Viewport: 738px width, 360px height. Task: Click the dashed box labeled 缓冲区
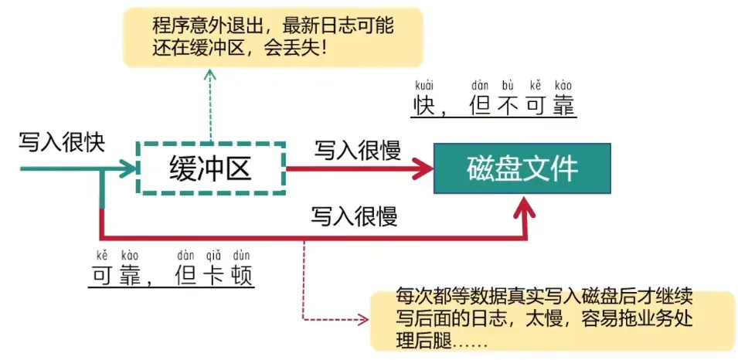pyautogui.click(x=210, y=142)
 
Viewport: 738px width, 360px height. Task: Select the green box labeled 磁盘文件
pyautogui.click(x=522, y=168)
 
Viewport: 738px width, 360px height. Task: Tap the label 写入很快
pyautogui.click(x=61, y=142)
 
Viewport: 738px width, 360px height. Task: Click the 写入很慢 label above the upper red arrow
pyautogui.click(x=357, y=151)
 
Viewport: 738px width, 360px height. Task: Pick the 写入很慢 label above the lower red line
pyautogui.click(x=354, y=217)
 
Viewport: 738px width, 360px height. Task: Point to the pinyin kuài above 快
pyautogui.click(x=423, y=86)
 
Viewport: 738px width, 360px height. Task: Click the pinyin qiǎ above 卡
pyautogui.click(x=214, y=256)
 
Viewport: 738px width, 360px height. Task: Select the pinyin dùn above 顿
pyautogui.click(x=241, y=256)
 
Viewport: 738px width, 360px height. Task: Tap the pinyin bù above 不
pyautogui.click(x=507, y=86)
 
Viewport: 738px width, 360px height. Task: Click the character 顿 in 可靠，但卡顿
pyautogui.click(x=241, y=275)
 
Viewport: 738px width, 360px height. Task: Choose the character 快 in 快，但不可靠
pyautogui.click(x=424, y=105)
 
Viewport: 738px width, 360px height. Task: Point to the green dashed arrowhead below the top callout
pyautogui.click(x=211, y=74)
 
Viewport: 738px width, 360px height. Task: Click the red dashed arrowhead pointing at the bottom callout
pyautogui.click(x=363, y=320)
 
